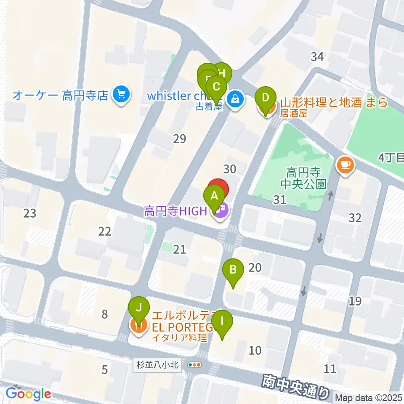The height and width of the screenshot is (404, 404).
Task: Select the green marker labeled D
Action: pos(265,98)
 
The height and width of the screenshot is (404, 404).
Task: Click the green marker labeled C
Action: pos(216,88)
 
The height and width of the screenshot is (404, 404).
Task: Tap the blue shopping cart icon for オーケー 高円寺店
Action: pos(122,95)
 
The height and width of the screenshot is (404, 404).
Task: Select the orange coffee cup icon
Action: pos(345,165)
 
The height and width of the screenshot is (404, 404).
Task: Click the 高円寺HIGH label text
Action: pos(176,211)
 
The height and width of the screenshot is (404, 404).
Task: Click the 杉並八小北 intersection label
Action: pos(158,365)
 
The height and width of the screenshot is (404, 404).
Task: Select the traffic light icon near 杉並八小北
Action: pos(194,365)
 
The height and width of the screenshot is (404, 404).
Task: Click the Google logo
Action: pos(28,394)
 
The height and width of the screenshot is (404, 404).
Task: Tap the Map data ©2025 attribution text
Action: pos(369,398)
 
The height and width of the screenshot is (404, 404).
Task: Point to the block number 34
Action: pos(317,56)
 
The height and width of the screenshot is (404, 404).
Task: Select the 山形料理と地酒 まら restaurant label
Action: pos(333,103)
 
